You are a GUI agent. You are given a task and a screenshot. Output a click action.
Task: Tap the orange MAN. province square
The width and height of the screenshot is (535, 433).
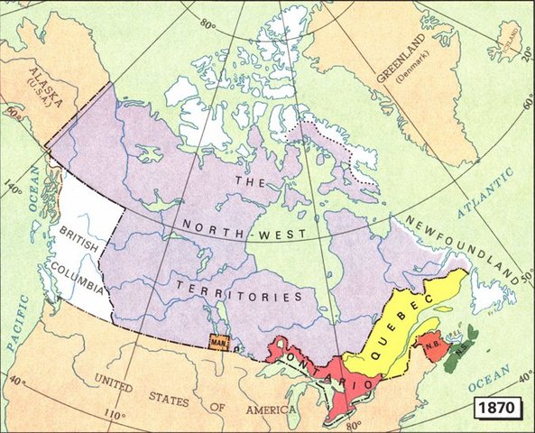coord(218,344)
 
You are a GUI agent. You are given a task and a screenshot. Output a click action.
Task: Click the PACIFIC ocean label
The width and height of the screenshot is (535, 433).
coord(16,337)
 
